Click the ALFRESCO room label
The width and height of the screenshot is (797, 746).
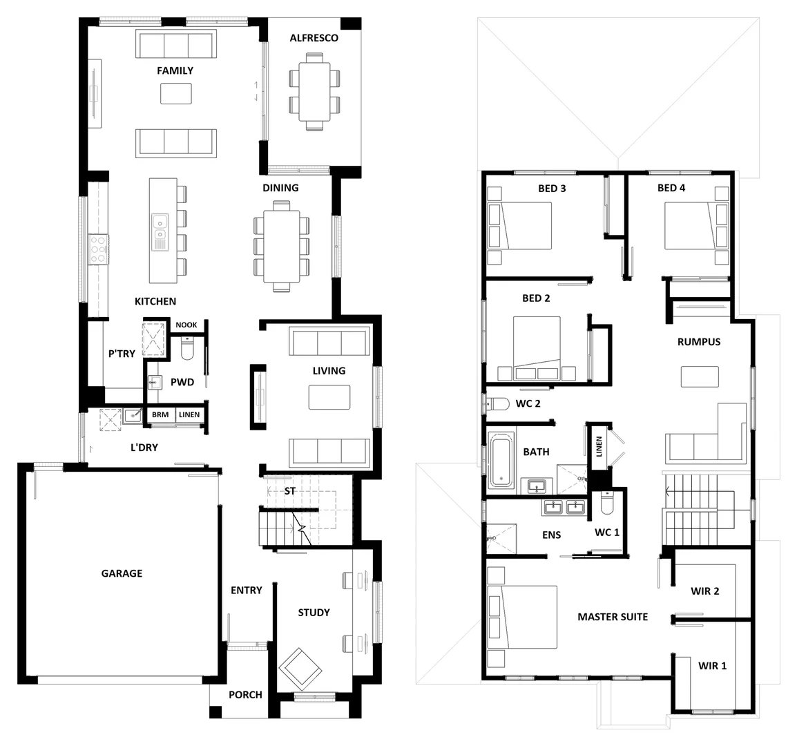[x=314, y=38]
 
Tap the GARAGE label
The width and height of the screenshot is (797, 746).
[x=122, y=573]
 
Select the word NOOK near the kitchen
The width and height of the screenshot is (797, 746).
[x=186, y=325]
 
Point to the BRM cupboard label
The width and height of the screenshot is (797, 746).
[x=160, y=414]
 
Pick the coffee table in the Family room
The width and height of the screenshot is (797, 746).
[x=176, y=93]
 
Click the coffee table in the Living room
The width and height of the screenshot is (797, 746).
[x=329, y=397]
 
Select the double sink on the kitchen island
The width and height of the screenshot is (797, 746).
[x=160, y=231]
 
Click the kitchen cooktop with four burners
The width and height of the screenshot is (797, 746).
[x=99, y=249]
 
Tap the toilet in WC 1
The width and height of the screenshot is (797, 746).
[x=606, y=505]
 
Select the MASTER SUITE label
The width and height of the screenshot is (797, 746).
[x=613, y=617]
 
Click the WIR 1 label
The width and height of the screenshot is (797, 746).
[x=712, y=666]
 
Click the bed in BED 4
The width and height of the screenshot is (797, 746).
[x=689, y=225]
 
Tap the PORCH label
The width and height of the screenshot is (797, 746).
[x=245, y=694]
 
